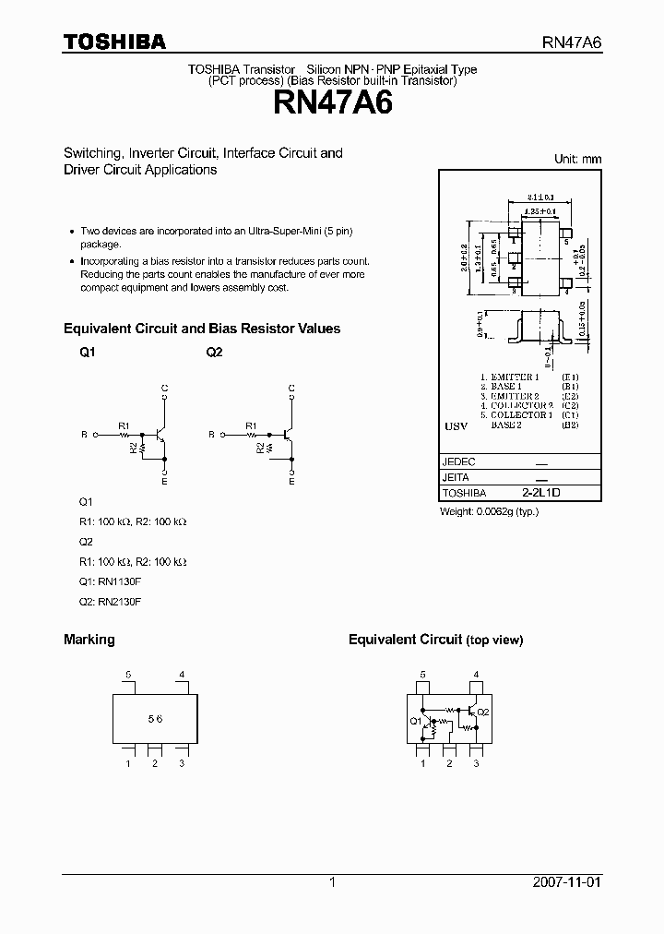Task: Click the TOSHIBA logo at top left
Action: coord(114,42)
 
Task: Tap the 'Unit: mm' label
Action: coord(577,159)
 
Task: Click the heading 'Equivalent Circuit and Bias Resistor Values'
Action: coord(202,329)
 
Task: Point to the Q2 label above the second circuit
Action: coord(214,353)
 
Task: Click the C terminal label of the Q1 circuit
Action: coord(164,388)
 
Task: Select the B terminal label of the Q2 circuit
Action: coord(211,434)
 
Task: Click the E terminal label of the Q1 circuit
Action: coord(164,481)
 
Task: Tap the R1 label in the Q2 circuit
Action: coord(251,425)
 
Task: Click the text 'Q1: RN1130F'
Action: coord(111,581)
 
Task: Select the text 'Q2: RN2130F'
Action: coord(111,602)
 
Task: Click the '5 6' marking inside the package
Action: coord(155,719)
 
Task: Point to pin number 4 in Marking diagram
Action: coord(182,675)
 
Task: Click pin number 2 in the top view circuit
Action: coord(449,763)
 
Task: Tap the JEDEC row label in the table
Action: coord(459,461)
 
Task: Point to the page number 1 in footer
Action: coord(332,882)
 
